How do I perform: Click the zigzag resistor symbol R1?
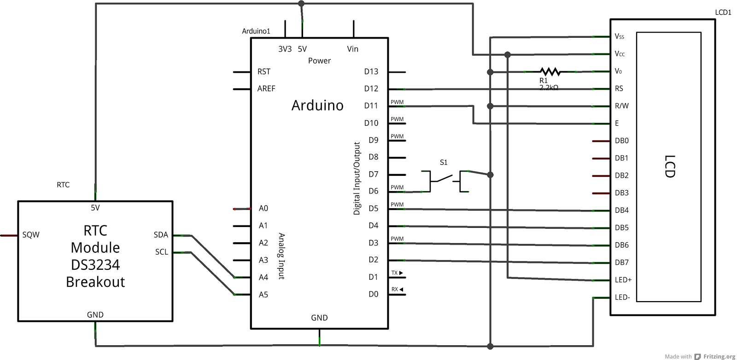click(x=550, y=71)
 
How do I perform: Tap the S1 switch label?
click(x=444, y=163)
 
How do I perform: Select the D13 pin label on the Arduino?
click(x=371, y=72)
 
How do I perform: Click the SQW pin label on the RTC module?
click(x=31, y=235)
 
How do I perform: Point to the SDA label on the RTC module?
click(x=161, y=235)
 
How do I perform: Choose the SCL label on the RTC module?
click(x=162, y=252)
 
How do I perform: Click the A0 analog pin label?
click(x=263, y=209)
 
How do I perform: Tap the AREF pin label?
click(x=266, y=89)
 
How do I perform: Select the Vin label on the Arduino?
click(x=352, y=49)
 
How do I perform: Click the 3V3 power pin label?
click(x=285, y=49)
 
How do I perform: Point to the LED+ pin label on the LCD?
click(x=623, y=280)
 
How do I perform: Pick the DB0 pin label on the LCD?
click(x=621, y=141)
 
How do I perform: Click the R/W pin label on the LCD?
click(x=621, y=106)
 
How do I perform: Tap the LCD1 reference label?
click(x=723, y=12)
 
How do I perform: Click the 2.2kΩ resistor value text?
click(x=549, y=87)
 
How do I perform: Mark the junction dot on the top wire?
click(x=301, y=4)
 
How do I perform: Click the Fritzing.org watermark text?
click(x=719, y=356)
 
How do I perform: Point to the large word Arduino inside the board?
click(x=317, y=105)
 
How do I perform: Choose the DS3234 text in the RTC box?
click(x=95, y=265)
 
